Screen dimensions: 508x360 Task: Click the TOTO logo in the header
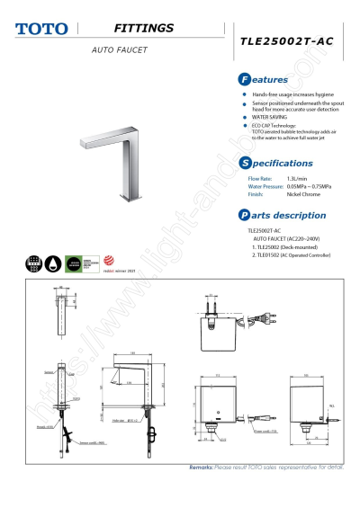40,30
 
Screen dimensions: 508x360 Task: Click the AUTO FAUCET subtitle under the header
119,49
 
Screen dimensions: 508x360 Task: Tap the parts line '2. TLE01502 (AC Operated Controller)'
293,255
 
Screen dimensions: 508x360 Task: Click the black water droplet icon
52,264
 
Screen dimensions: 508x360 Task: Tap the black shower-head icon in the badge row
33,264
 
